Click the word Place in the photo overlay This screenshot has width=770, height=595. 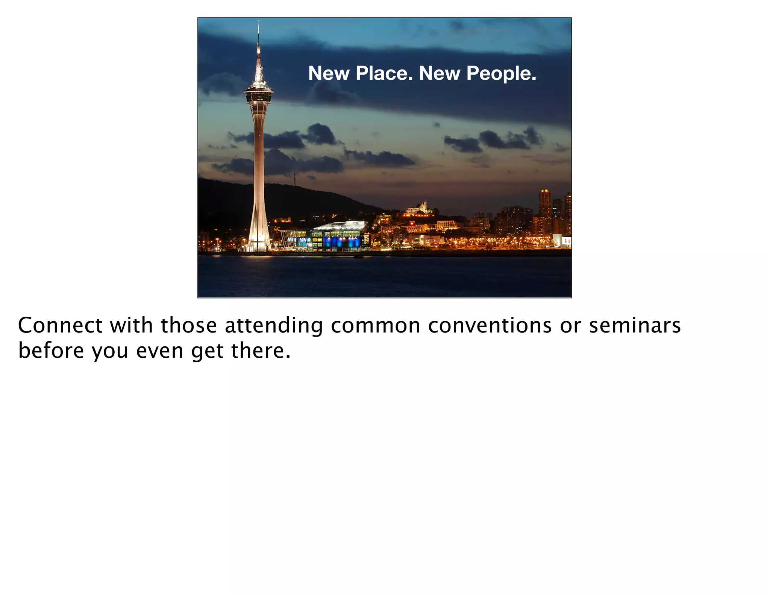coord(384,73)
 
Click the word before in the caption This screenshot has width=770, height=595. coord(51,350)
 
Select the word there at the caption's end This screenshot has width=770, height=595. coord(261,350)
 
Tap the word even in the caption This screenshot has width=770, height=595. coord(159,350)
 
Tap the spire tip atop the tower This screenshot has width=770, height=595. coord(258,23)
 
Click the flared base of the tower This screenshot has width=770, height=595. coord(259,237)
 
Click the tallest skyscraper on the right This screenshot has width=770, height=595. coord(544,211)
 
